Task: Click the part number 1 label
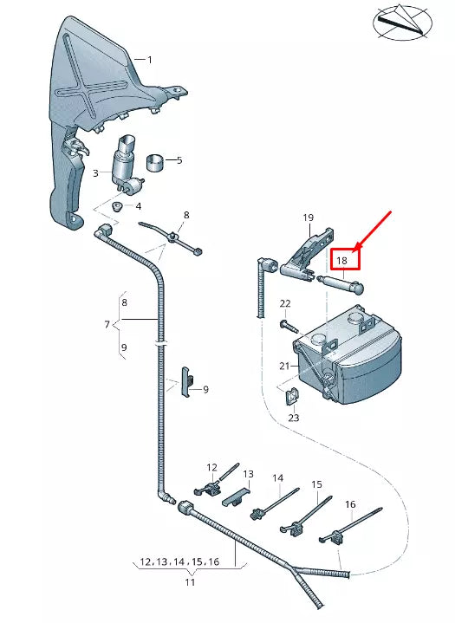pyautogui.click(x=149, y=60)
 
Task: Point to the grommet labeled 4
pyautogui.click(x=117, y=207)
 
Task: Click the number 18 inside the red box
pyautogui.click(x=341, y=260)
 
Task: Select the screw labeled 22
pyautogui.click(x=285, y=323)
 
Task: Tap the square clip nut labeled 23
pyautogui.click(x=292, y=396)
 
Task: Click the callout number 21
pyautogui.click(x=284, y=366)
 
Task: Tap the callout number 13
pyautogui.click(x=248, y=475)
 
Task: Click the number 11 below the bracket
pyautogui.click(x=190, y=583)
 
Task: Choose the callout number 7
pyautogui.click(x=107, y=325)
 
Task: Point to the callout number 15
pyautogui.click(x=317, y=484)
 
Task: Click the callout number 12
pyautogui.click(x=212, y=468)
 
